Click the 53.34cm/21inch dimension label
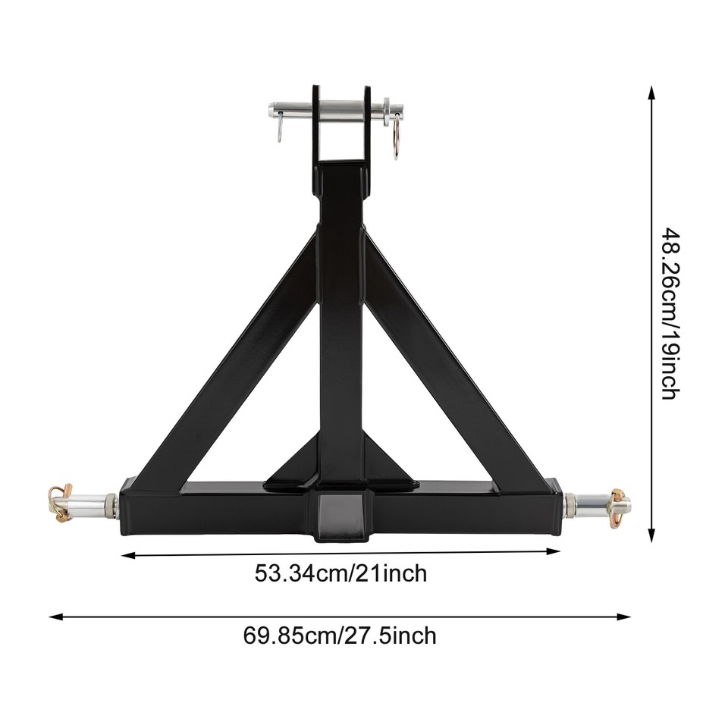click(x=340, y=573)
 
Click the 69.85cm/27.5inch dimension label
click(x=340, y=635)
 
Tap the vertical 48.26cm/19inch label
click(x=669, y=313)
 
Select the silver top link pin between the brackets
click(x=341, y=110)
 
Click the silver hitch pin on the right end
click(x=599, y=502)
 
